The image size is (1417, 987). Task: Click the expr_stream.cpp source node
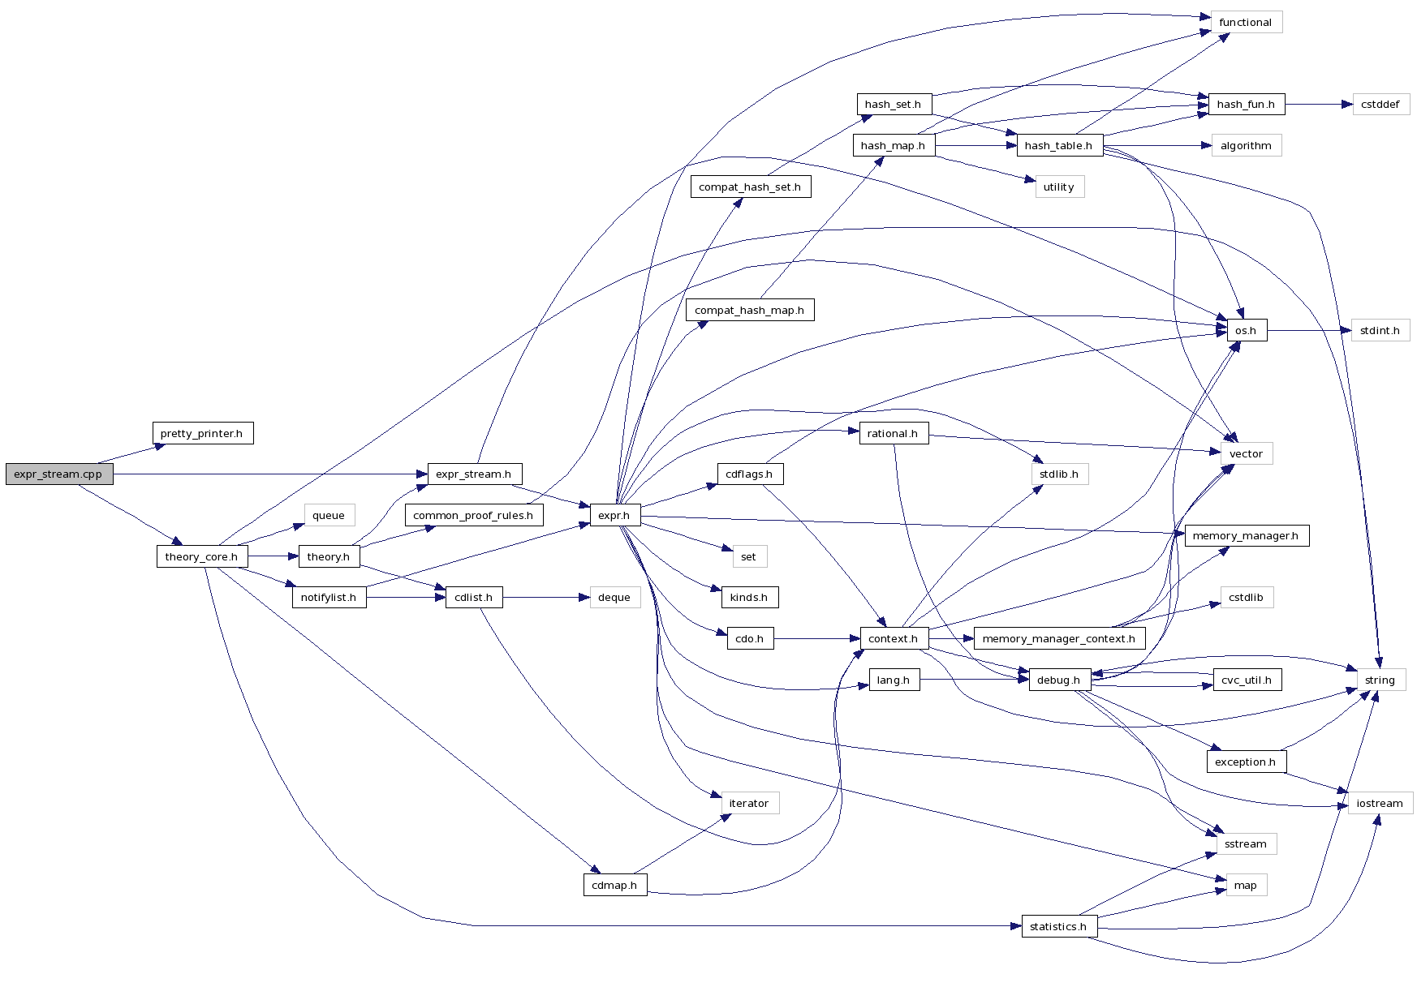coord(59,474)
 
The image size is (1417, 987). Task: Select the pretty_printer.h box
coord(202,433)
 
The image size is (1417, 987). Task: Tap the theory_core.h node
coord(201,556)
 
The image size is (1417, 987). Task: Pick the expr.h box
coord(614,515)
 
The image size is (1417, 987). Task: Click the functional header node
coord(1245,23)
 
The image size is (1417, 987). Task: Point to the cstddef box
coord(1380,105)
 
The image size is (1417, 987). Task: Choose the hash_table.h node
coord(1058,146)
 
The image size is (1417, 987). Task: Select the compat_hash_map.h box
coord(749,310)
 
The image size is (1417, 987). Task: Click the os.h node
coord(1246,331)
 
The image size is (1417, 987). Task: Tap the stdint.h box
coord(1380,331)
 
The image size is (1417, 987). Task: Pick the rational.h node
coord(893,433)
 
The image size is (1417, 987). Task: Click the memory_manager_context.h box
coord(1058,638)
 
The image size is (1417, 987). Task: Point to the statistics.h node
coord(1058,926)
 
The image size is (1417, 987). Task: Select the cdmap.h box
coord(614,885)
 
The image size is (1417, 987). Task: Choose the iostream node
coord(1380,803)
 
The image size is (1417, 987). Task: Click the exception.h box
coord(1245,762)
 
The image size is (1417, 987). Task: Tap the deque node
coord(614,598)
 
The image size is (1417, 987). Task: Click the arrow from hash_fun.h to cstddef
coord(1319,105)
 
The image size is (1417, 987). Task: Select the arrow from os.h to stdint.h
coord(1308,331)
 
